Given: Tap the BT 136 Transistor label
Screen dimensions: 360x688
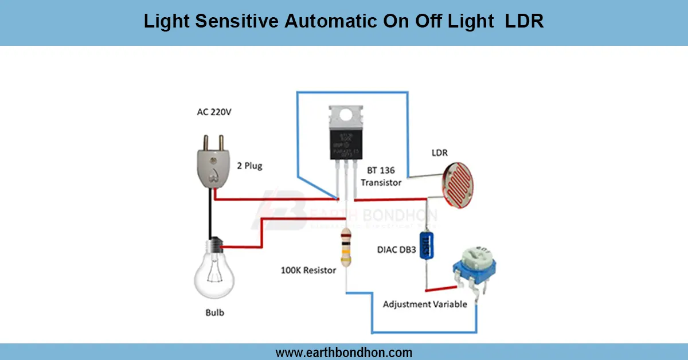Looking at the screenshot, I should click(x=381, y=177).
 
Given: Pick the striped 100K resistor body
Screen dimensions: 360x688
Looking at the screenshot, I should click(x=345, y=247).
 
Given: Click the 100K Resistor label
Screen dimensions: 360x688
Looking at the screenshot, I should click(x=308, y=270).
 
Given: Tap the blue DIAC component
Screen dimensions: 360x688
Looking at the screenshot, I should click(x=425, y=247).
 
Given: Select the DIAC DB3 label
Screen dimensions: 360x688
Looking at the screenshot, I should click(x=396, y=250).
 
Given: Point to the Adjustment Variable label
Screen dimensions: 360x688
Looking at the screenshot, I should click(x=425, y=304).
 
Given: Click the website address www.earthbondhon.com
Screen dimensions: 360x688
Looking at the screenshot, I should click(x=344, y=352).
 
